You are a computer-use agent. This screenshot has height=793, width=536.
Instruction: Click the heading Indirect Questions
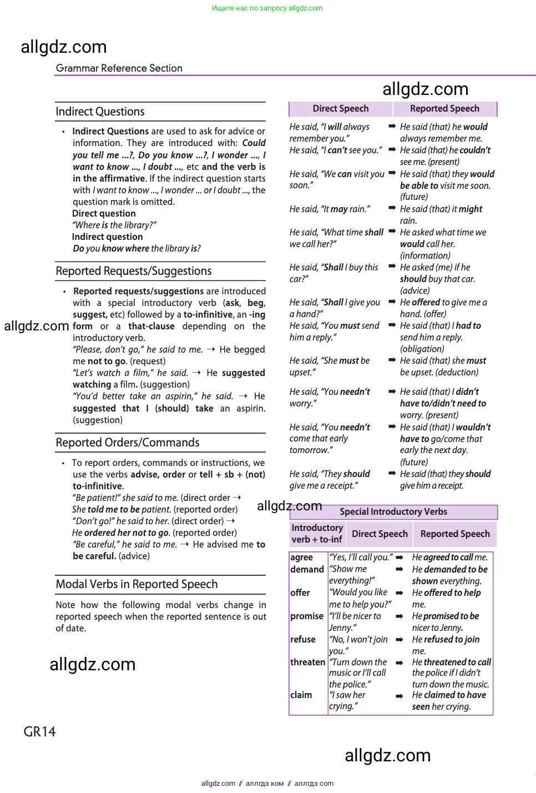[100, 112]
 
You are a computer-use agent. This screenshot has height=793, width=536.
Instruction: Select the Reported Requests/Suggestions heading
[134, 271]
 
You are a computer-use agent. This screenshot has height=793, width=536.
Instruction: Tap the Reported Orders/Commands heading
[128, 443]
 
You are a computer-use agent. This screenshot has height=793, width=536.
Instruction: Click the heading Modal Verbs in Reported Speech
[136, 584]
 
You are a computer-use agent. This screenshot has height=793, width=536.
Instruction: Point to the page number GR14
[39, 731]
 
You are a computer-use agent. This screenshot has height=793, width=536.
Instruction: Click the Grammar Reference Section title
[119, 68]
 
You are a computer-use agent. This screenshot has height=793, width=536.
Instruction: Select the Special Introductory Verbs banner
[393, 511]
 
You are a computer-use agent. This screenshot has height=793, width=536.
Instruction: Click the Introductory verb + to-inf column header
[317, 534]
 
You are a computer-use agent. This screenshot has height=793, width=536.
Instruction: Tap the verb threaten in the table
[307, 662]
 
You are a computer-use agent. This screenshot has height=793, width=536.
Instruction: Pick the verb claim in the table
[301, 695]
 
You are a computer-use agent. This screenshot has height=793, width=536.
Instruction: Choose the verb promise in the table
[306, 616]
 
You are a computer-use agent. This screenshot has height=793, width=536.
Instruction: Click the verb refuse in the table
[302, 639]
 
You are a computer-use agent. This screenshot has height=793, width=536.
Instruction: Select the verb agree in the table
[301, 557]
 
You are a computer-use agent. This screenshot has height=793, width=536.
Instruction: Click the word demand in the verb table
[307, 569]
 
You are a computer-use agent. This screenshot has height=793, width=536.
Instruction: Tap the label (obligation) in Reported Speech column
[422, 349]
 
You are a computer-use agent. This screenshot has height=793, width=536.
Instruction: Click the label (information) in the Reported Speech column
[425, 255]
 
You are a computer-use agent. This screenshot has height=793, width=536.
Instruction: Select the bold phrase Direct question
[104, 213]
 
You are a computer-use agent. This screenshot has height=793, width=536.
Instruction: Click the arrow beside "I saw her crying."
[399, 696]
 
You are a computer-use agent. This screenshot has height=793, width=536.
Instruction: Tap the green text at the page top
[267, 8]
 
